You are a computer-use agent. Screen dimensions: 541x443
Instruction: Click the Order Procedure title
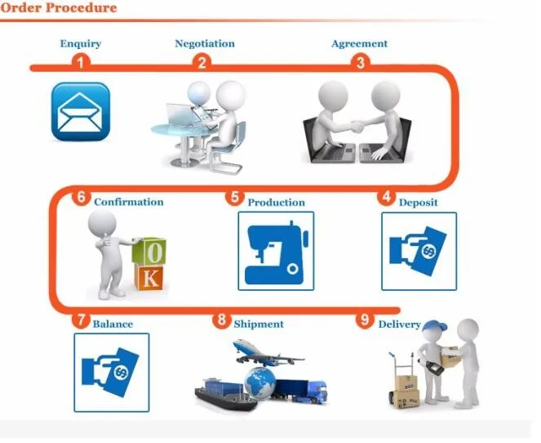coord(59,8)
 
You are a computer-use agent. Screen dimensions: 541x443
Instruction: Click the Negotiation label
coord(205,43)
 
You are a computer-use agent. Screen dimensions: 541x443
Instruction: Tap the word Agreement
coord(360,43)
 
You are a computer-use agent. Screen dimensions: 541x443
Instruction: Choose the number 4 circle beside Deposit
coord(386,197)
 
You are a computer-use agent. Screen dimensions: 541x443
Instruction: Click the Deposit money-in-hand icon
coord(419,251)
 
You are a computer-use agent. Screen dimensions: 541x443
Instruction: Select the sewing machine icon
coord(276,251)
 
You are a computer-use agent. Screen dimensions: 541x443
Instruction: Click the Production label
coord(277,202)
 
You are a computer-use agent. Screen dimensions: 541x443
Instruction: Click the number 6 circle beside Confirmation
coord(81,197)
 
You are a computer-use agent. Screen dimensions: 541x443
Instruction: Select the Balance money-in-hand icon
coord(111,373)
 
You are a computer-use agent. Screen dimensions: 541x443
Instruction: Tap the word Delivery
coord(399,324)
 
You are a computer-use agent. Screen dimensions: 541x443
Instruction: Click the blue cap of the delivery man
coord(435,328)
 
